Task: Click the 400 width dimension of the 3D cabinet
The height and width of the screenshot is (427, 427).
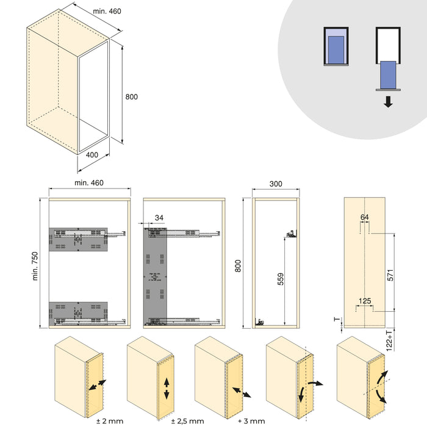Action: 92,155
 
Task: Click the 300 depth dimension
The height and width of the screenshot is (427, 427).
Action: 276,183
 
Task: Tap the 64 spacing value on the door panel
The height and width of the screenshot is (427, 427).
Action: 365,217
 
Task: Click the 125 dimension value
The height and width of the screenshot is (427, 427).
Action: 364,301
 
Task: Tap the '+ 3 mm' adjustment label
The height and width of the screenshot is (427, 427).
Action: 251,421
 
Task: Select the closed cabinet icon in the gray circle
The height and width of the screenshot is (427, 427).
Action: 335,47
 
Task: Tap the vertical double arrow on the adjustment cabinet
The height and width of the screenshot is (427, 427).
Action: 166,387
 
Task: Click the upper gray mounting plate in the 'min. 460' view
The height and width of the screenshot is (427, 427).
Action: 79,240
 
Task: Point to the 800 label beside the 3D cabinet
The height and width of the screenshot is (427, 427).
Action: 131,97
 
